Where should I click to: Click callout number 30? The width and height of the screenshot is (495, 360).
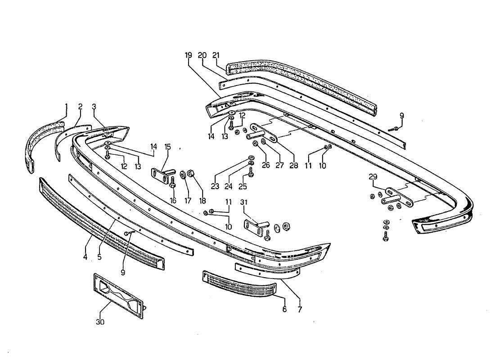100,322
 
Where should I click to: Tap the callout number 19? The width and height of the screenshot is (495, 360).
188,55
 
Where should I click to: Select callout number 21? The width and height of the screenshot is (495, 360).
216,55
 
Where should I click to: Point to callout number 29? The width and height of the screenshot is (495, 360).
373,177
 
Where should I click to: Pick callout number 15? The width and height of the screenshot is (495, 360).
167,147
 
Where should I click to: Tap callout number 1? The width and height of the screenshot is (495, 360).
66,107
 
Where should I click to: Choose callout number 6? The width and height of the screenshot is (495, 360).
284,310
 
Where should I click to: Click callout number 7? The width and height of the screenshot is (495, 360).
300,310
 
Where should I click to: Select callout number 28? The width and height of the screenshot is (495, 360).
293,165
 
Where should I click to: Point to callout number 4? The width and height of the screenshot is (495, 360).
85,257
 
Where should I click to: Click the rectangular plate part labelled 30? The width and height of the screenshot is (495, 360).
119,292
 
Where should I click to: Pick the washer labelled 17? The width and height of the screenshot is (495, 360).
183,174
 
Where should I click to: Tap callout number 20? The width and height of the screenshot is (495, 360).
202,55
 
